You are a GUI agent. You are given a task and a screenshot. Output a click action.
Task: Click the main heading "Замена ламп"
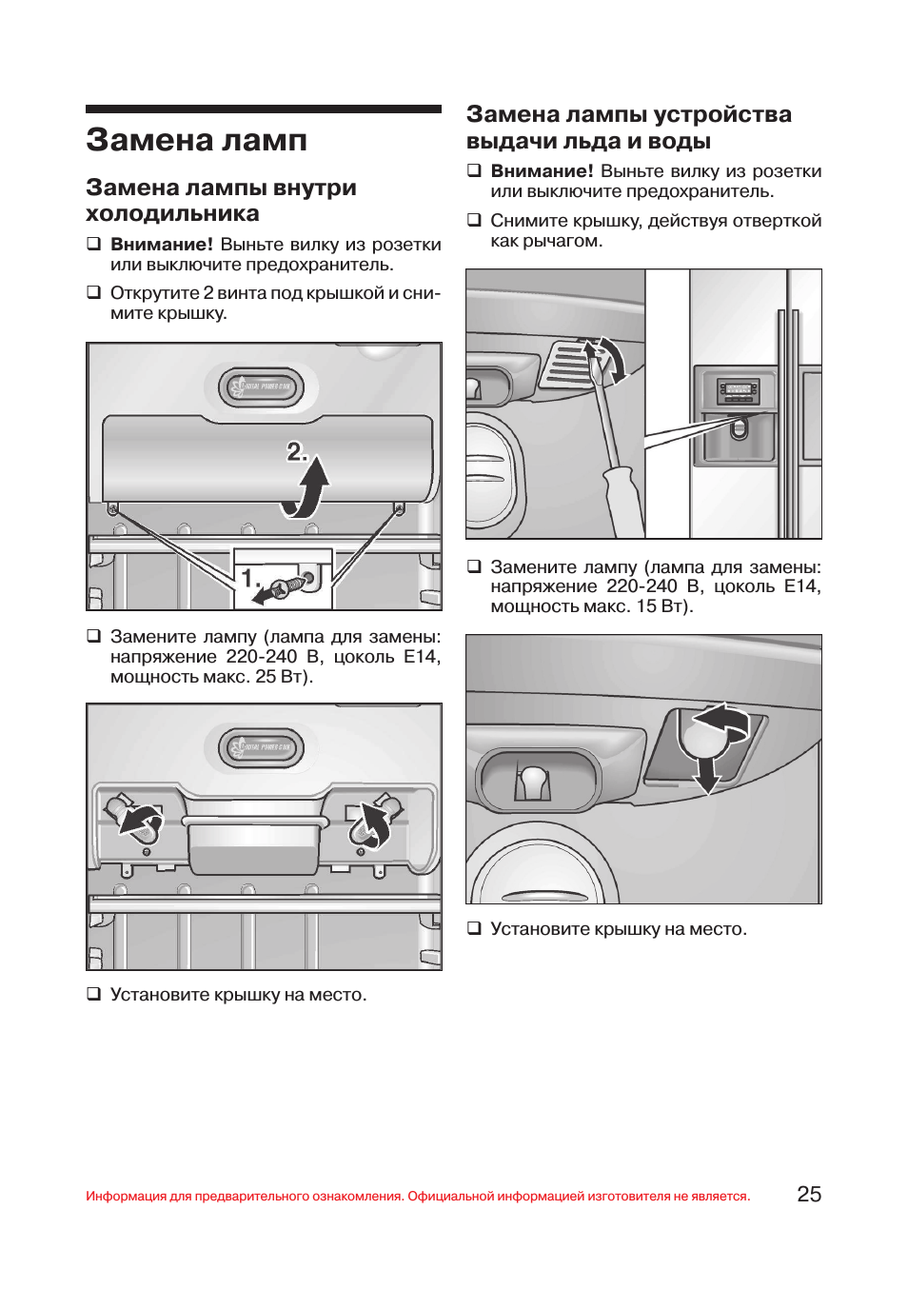(196, 141)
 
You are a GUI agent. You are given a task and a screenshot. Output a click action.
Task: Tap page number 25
(808, 1195)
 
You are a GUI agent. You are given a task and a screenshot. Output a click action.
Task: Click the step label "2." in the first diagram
(296, 451)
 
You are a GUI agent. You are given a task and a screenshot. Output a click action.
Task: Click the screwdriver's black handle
(624, 500)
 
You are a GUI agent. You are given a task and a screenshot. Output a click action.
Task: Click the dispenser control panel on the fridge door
(739, 390)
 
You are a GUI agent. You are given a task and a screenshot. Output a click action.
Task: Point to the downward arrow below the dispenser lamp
(707, 771)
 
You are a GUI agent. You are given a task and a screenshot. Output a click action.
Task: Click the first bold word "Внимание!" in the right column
(542, 171)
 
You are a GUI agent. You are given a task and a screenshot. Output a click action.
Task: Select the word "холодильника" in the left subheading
(172, 213)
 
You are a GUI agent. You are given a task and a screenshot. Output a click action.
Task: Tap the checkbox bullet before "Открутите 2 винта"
(94, 292)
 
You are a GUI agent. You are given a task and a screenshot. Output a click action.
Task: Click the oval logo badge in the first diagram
(262, 387)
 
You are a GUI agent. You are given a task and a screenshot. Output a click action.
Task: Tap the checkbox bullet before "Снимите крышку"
(474, 220)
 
